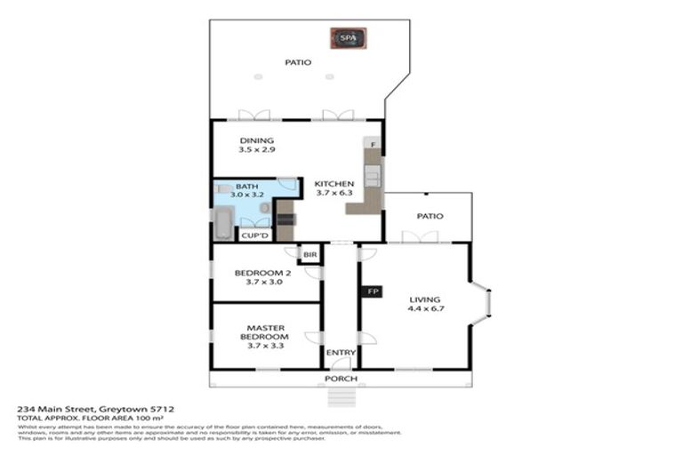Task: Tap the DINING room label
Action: (257, 140)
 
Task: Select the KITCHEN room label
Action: (333, 184)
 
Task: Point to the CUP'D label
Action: (255, 235)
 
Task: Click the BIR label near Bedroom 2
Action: (309, 255)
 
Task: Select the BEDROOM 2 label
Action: (262, 273)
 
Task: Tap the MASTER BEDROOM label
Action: (264, 328)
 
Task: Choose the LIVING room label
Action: (424, 299)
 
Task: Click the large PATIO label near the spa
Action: (297, 62)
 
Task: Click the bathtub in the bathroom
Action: (222, 223)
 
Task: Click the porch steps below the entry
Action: (342, 395)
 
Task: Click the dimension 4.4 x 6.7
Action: (426, 310)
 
